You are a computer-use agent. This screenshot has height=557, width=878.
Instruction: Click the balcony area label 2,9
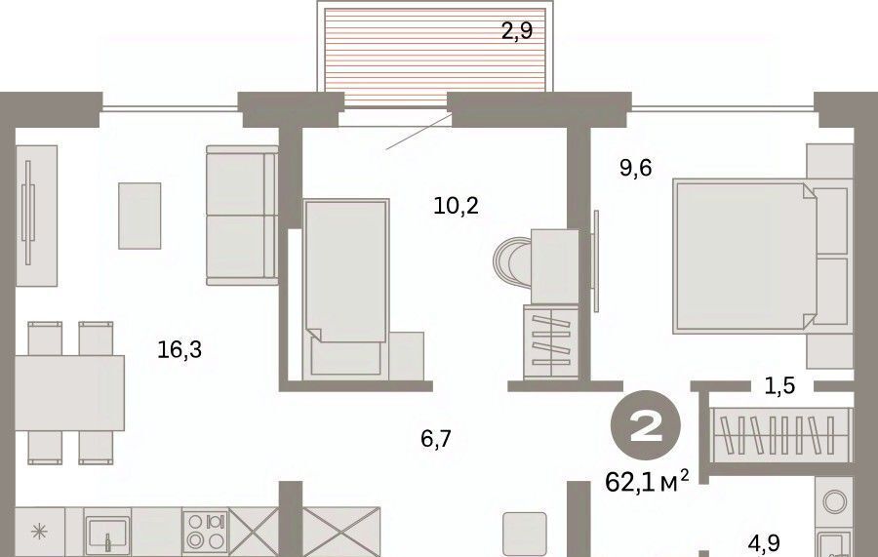point(516,30)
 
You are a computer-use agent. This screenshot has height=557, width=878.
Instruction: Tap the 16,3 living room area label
point(180,350)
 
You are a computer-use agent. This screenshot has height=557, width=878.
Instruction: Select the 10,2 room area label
point(456,207)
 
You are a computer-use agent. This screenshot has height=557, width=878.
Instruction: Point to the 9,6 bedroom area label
point(635,168)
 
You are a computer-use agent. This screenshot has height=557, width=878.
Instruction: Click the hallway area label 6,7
point(436,439)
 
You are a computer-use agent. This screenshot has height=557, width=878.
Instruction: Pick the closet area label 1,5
point(780,385)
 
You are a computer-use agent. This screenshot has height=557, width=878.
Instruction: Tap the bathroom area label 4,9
point(764,543)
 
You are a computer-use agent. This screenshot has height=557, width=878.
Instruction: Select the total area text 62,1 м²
point(648,481)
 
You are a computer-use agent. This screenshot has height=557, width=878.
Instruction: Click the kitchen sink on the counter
point(107,533)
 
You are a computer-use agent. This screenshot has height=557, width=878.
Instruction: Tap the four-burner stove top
point(206,532)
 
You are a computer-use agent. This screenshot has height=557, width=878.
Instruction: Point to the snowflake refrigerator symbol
point(39,532)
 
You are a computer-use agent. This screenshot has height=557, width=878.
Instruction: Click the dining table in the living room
point(69,393)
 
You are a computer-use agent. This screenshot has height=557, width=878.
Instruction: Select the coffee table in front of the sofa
point(140,216)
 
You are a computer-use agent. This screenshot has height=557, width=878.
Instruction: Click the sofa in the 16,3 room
point(243,216)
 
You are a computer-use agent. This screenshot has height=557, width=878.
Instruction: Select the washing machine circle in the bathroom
point(834,501)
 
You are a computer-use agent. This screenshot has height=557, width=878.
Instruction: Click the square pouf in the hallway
point(525,534)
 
